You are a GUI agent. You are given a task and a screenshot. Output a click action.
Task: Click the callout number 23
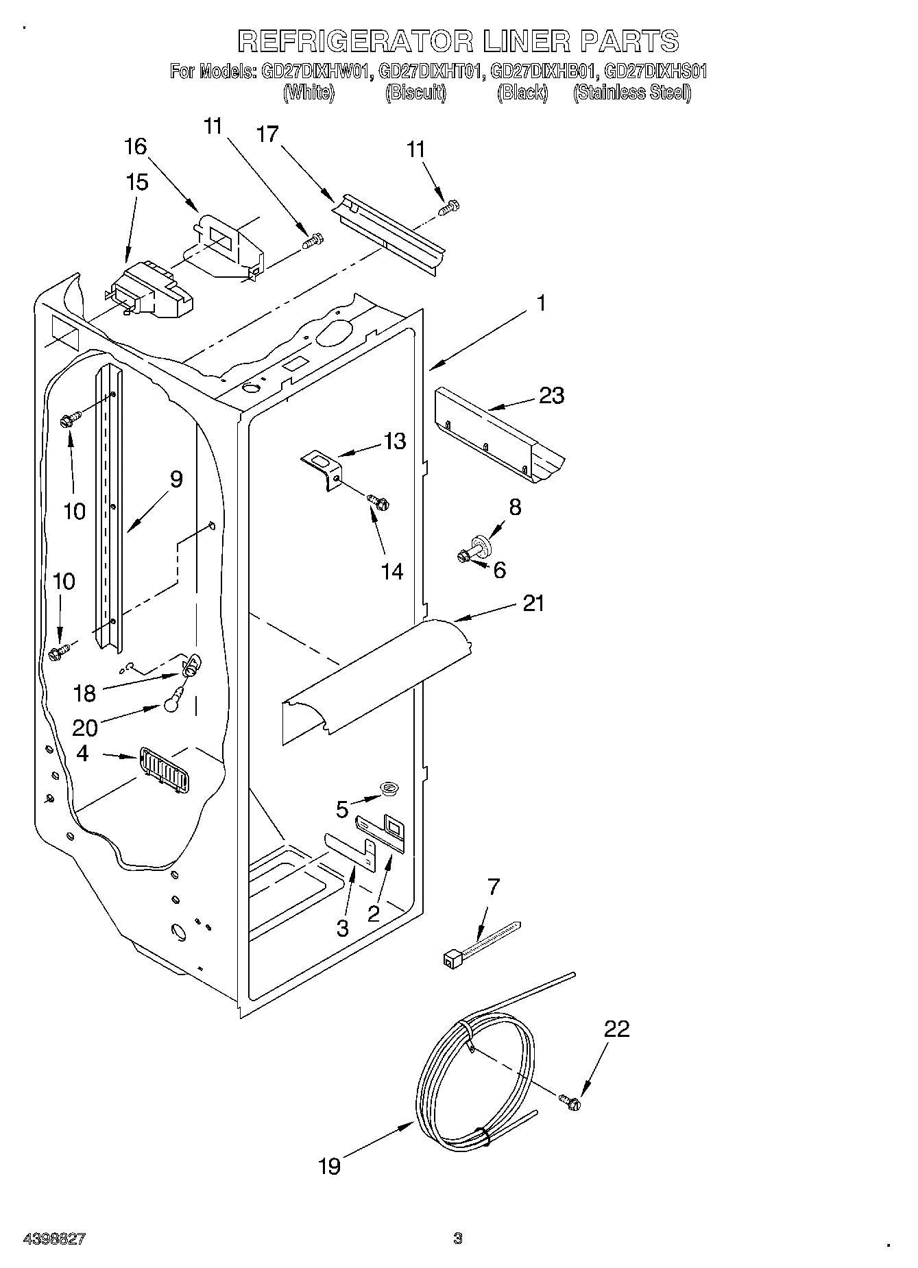tap(552, 396)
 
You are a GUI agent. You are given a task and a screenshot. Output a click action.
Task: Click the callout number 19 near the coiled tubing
tap(330, 1166)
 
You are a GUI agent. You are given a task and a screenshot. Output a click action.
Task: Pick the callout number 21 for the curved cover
tap(533, 603)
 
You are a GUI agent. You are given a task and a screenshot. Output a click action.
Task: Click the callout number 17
tap(268, 134)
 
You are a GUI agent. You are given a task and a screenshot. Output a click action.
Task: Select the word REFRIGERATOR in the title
tap(354, 41)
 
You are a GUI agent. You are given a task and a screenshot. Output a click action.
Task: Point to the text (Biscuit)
tap(415, 93)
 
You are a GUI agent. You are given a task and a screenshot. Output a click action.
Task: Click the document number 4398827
tap(54, 1239)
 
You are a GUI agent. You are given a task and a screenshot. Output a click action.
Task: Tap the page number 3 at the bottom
tap(458, 1239)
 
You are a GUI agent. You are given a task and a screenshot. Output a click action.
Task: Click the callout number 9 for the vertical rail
tap(176, 479)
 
